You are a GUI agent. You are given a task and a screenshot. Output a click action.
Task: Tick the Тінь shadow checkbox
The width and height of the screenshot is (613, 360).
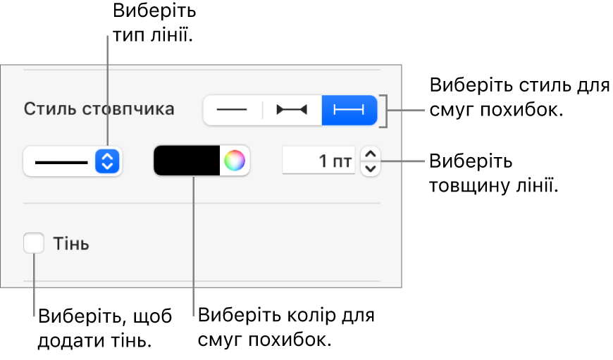(34, 243)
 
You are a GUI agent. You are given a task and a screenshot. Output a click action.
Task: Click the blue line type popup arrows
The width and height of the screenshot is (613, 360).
(107, 161)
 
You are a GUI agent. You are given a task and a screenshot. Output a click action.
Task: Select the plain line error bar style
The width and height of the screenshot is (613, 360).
(233, 110)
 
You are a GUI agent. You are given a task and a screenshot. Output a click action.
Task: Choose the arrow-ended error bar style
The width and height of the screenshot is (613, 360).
(292, 110)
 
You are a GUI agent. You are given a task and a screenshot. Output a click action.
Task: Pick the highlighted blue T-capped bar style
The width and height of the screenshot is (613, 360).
(349, 110)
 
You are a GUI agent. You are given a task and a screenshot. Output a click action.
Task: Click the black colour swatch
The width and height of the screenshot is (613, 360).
(187, 161)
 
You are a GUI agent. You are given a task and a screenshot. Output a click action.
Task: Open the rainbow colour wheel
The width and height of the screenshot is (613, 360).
(235, 161)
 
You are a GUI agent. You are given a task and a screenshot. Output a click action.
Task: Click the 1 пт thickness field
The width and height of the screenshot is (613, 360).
(318, 160)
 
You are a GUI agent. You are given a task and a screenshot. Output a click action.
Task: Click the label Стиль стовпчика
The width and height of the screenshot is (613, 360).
(99, 109)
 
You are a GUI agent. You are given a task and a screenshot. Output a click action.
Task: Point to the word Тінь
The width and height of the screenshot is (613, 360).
(71, 244)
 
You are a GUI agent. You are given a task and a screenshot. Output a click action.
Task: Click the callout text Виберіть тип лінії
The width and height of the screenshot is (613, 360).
(154, 23)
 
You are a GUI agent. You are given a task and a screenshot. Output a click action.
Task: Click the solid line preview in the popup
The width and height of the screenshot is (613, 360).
(61, 162)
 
